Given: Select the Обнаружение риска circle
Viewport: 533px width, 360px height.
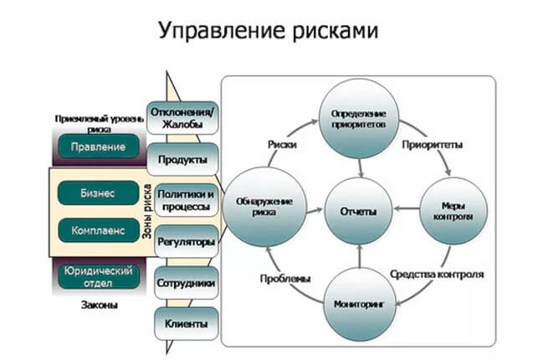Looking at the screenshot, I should pos(263,206).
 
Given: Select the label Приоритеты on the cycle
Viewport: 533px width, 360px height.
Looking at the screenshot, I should pos(433,144).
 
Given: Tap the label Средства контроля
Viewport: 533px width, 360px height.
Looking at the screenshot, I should pos(437,274).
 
